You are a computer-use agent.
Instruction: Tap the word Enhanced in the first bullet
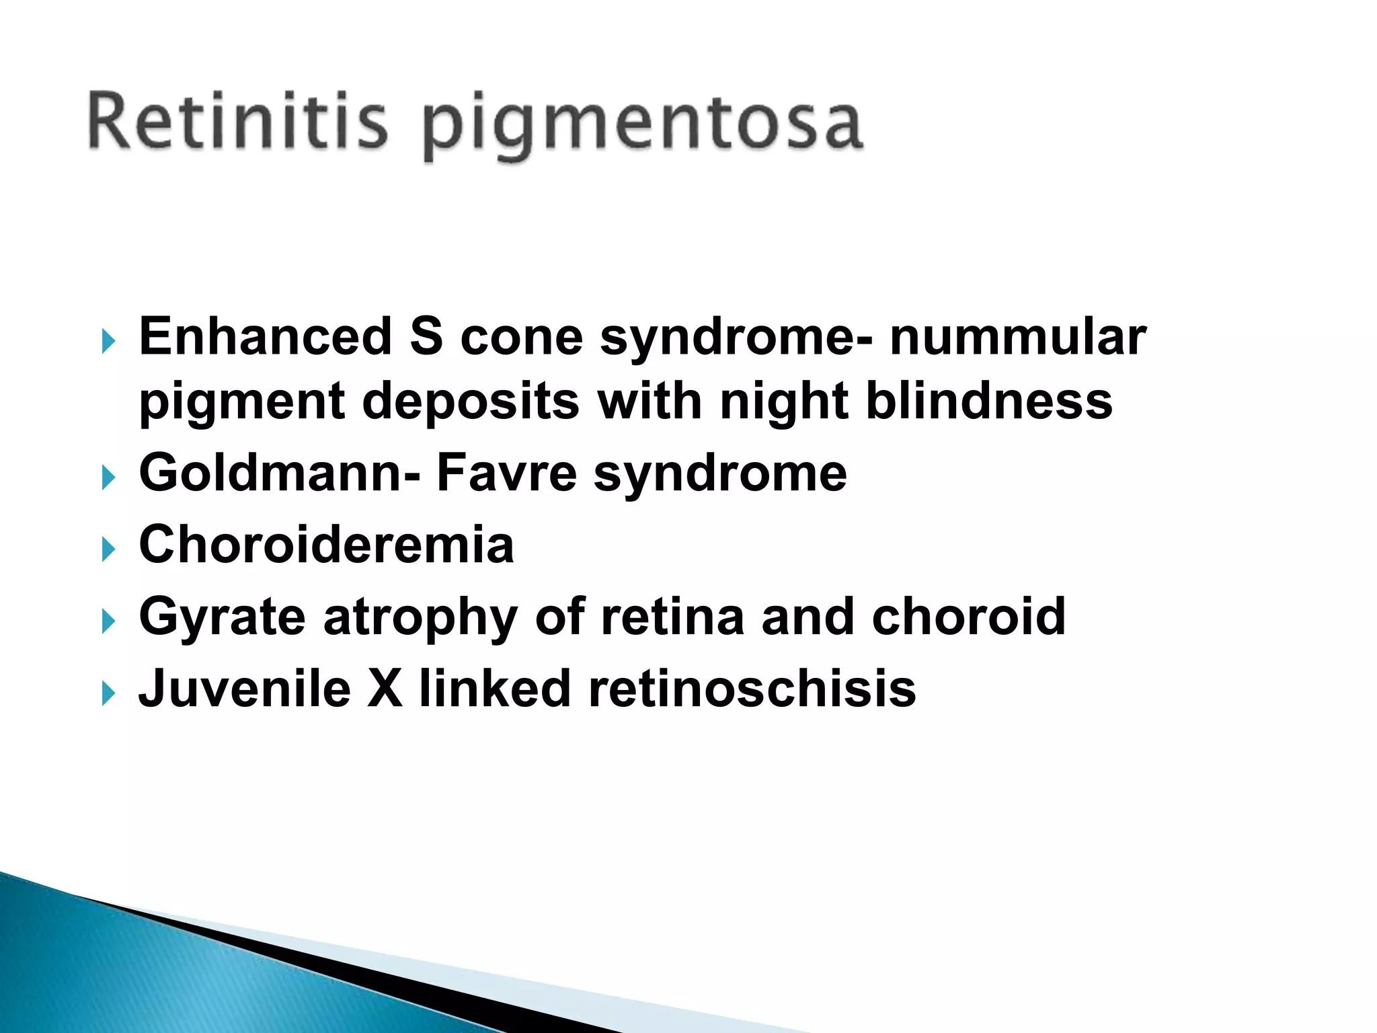pyautogui.click(x=266, y=336)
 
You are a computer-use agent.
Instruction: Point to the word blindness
pyautogui.click(x=989, y=401)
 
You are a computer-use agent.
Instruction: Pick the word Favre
pyautogui.click(x=506, y=473)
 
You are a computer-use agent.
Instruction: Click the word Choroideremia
pyautogui.click(x=327, y=545)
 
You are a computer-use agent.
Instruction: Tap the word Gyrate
pyautogui.click(x=223, y=617)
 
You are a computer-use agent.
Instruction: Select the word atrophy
pyautogui.click(x=421, y=617)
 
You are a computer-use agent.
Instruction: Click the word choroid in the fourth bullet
pyautogui.click(x=968, y=616)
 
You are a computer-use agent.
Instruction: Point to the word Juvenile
pyautogui.click(x=245, y=689)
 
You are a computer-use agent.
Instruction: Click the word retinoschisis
pyautogui.click(x=752, y=689)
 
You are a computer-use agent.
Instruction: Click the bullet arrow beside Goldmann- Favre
pyautogui.click(x=108, y=478)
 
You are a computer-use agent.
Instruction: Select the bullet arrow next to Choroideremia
pyautogui.click(x=108, y=550)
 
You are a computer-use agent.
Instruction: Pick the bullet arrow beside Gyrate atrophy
pyautogui.click(x=108, y=622)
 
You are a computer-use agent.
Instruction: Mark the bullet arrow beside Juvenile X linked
pyautogui.click(x=108, y=693)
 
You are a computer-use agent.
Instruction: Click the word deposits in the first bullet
pyautogui.click(x=471, y=401)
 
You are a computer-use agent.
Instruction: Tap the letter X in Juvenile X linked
pyautogui.click(x=385, y=689)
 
